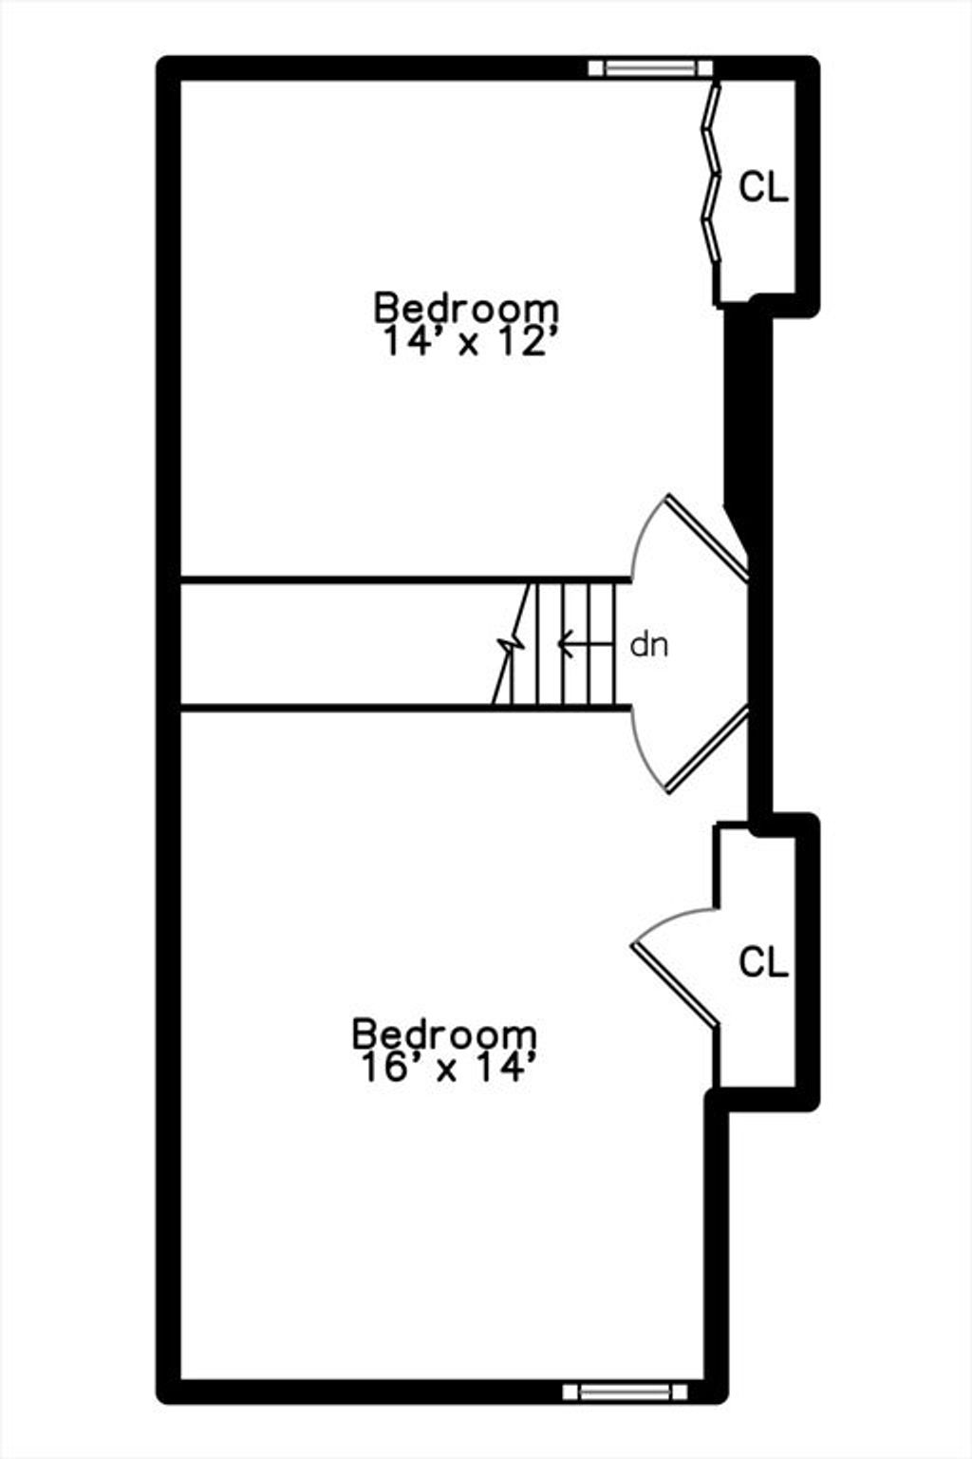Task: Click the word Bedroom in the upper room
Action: click(465, 308)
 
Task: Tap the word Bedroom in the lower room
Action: click(444, 1033)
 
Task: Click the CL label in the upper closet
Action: click(763, 187)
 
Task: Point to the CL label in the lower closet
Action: click(763, 961)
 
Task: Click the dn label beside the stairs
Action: click(648, 645)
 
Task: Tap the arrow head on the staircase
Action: click(565, 644)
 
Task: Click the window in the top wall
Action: click(649, 68)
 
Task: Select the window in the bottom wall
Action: click(625, 1392)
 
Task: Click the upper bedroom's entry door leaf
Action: click(707, 537)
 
